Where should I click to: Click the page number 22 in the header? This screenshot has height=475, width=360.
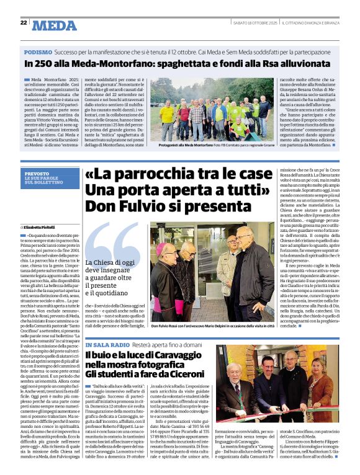click(x=24, y=22)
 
